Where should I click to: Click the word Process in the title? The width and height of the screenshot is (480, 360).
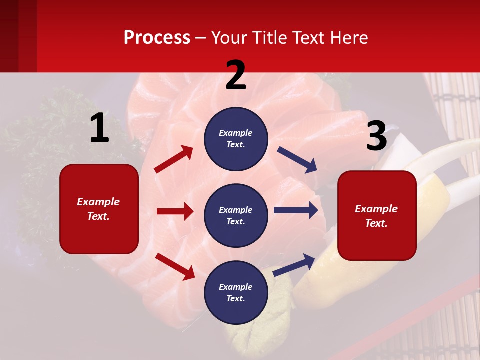tap(157, 38)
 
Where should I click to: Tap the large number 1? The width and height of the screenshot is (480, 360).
tap(99, 128)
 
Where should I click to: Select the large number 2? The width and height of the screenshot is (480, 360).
tap(236, 75)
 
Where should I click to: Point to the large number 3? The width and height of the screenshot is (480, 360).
tap(376, 136)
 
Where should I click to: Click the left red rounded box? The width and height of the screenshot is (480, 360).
tap(99, 209)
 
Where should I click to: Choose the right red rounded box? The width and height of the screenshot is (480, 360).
tap(377, 215)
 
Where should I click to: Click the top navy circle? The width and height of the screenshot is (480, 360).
tap(236, 139)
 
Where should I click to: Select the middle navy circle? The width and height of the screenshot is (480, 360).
tap(236, 215)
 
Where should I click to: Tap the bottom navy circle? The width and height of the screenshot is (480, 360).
tap(236, 292)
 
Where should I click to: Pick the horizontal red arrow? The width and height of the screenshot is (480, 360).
tap(175, 211)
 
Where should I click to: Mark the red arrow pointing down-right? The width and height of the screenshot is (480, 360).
tap(175, 266)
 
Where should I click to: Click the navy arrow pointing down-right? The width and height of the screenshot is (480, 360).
tap(297, 160)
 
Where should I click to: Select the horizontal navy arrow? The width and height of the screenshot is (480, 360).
tap(296, 210)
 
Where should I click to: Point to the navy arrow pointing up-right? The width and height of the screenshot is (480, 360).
tap(294, 265)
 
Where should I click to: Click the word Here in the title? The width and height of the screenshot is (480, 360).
tap(348, 38)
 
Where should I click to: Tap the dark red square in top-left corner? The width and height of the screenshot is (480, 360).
tap(18, 36)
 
